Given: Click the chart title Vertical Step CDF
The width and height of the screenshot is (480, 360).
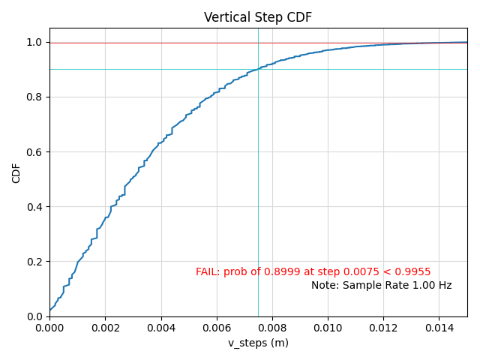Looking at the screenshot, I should click(258, 17).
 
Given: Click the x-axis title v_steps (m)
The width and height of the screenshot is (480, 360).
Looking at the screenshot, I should click(258, 343).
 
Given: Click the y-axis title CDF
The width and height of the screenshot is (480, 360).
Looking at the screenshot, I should click(16, 172).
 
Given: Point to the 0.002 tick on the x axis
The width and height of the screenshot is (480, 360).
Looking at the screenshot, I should click(105, 328).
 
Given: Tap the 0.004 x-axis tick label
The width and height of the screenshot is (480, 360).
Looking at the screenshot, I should click(160, 328).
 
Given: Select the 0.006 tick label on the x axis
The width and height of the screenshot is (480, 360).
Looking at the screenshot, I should click(216, 328).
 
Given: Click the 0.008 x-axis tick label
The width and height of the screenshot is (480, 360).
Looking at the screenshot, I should click(271, 328).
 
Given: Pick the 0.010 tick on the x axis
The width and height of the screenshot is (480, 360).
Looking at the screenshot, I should click(328, 328).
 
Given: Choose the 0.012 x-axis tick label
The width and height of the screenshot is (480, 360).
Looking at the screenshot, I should click(383, 328).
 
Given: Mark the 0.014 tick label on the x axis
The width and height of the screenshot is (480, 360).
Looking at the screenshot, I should click(439, 328).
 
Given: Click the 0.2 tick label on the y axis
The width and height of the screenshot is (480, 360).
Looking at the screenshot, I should click(34, 262).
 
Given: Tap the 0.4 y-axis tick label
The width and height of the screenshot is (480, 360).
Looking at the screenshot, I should click(34, 207).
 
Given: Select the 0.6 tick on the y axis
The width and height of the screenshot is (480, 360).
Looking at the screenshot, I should click(34, 152).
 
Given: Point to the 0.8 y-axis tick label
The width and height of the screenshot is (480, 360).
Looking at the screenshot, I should click(34, 97).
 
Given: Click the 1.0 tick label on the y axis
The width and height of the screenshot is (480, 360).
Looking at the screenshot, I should click(34, 43).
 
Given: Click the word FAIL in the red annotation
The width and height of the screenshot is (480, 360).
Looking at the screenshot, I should click(207, 272).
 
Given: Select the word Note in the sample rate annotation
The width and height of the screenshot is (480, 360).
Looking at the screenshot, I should click(324, 286).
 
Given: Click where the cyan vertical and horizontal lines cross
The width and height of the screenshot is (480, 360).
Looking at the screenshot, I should click(258, 69).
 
